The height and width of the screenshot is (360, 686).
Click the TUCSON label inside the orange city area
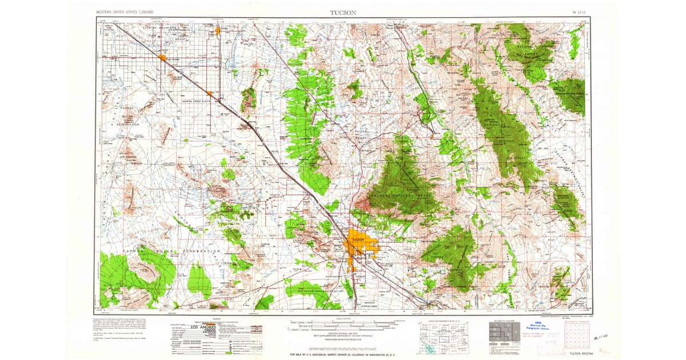point(358,238)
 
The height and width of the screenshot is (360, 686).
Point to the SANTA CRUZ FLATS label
point(197,101)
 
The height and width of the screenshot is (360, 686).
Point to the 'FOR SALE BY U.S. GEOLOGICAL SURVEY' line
point(343,355)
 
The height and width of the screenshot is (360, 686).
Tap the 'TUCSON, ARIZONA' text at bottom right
point(577,355)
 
